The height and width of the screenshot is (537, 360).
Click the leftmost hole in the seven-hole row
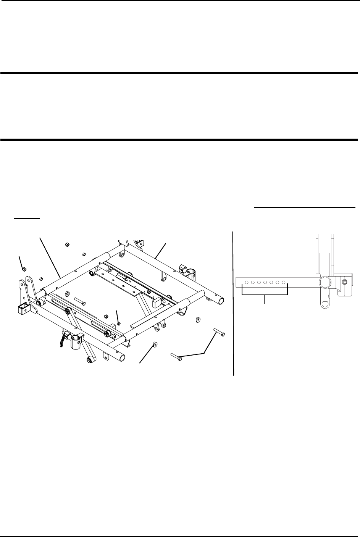click(x=247, y=283)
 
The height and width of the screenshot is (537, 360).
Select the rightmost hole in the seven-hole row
click(x=284, y=283)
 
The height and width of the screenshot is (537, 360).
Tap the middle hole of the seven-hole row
click(x=265, y=283)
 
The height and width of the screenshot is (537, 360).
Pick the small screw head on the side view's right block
click(x=345, y=282)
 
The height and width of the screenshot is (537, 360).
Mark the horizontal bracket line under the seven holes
click(x=265, y=295)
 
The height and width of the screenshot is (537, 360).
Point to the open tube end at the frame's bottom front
click(x=122, y=357)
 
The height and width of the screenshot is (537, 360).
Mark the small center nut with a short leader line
click(x=119, y=323)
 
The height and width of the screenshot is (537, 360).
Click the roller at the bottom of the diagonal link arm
click(x=90, y=360)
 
